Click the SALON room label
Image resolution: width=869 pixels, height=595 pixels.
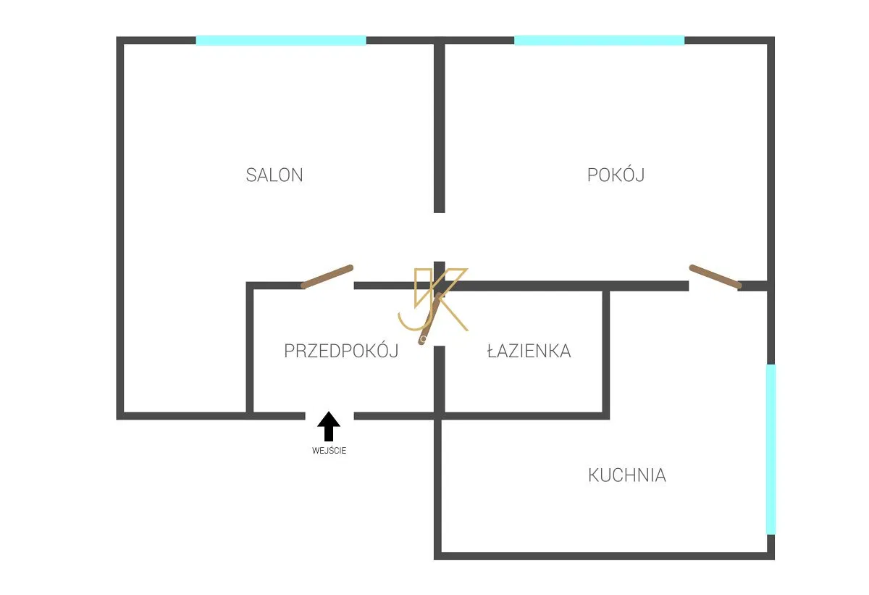point(274,175)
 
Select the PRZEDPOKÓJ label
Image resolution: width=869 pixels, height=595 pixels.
point(341,351)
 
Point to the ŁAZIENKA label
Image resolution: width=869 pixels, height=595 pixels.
point(529,351)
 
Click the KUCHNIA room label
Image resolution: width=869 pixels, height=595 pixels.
point(627,475)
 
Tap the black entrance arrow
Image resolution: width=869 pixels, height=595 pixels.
point(329,426)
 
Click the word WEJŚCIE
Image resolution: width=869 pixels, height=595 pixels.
point(329,451)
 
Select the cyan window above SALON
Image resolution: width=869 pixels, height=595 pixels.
point(281,41)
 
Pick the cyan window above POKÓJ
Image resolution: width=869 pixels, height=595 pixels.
point(600,41)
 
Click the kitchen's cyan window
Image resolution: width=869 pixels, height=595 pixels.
point(771,449)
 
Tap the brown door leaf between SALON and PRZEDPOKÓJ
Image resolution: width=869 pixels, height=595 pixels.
point(327,277)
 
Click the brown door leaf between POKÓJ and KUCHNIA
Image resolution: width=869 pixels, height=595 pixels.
point(715,277)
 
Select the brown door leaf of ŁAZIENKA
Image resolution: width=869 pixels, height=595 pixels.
point(430,318)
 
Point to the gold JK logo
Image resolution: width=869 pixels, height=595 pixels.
point(433,299)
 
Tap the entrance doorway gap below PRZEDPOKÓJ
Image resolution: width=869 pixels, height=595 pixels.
point(329,416)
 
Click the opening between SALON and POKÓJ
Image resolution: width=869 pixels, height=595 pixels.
point(439,237)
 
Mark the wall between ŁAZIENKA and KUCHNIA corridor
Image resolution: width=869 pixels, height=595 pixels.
point(606,351)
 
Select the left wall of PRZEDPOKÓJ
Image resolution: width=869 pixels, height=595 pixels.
point(250,348)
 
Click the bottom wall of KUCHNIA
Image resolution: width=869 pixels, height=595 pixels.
point(604,556)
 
